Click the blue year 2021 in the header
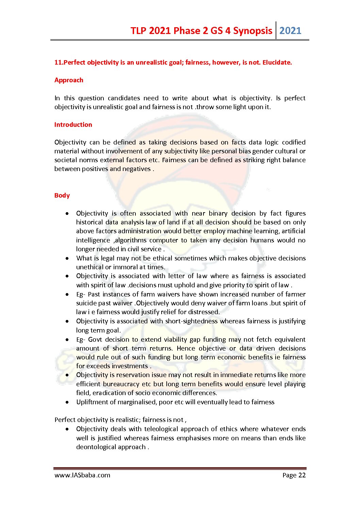pyautogui.click(x=290, y=31)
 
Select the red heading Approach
pyautogui.click(x=69, y=80)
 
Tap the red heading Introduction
pyautogui.click(x=73, y=125)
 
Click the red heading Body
pyautogui.click(x=62, y=196)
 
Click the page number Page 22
pyautogui.click(x=294, y=475)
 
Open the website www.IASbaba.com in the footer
pyautogui.click(x=82, y=475)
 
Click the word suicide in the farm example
pyautogui.click(x=86, y=303)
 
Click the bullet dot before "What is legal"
pyautogui.click(x=68, y=258)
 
